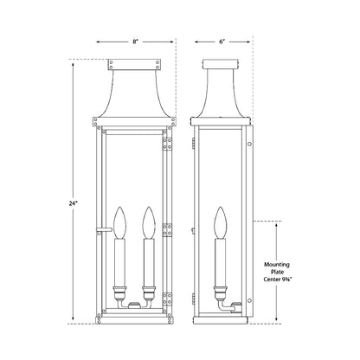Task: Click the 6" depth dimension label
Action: click(x=224, y=40)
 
